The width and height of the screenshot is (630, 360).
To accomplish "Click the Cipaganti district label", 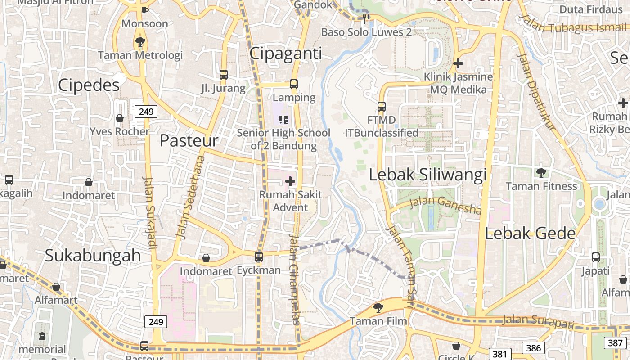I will pos(286,54).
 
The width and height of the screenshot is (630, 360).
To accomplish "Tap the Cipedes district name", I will pos(89,85).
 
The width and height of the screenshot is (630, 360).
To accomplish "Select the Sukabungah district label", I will pos(93,255).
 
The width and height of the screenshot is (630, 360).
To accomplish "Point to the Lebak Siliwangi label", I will pos(428,175).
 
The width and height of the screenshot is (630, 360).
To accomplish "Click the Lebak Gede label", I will pos(531,233).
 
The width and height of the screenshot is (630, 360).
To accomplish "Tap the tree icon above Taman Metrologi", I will pos(140,42).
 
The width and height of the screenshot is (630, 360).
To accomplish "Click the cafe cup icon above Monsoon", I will pos(144,10).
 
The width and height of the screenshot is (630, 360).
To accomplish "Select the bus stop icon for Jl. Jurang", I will pos(224,75).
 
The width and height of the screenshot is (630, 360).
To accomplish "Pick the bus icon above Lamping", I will pos(294,84).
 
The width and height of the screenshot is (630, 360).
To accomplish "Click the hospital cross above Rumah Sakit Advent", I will pos(290,181).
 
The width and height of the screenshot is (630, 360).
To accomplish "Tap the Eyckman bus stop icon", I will pos(259,257).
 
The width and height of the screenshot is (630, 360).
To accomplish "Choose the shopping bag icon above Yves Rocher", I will pos(120,118).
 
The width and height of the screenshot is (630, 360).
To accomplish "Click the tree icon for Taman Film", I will pos(378,308).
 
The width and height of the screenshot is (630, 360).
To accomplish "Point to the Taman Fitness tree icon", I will pos(541,172).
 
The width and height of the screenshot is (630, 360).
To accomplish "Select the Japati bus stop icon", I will pos(596,257).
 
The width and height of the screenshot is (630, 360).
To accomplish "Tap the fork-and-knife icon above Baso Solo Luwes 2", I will pos(366,18).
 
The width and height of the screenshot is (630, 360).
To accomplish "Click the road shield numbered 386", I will pos(533,347).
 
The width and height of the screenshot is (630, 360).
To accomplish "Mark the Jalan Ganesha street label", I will pos(445,205).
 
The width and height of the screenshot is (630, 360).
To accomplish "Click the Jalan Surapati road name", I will pos(538,321).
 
